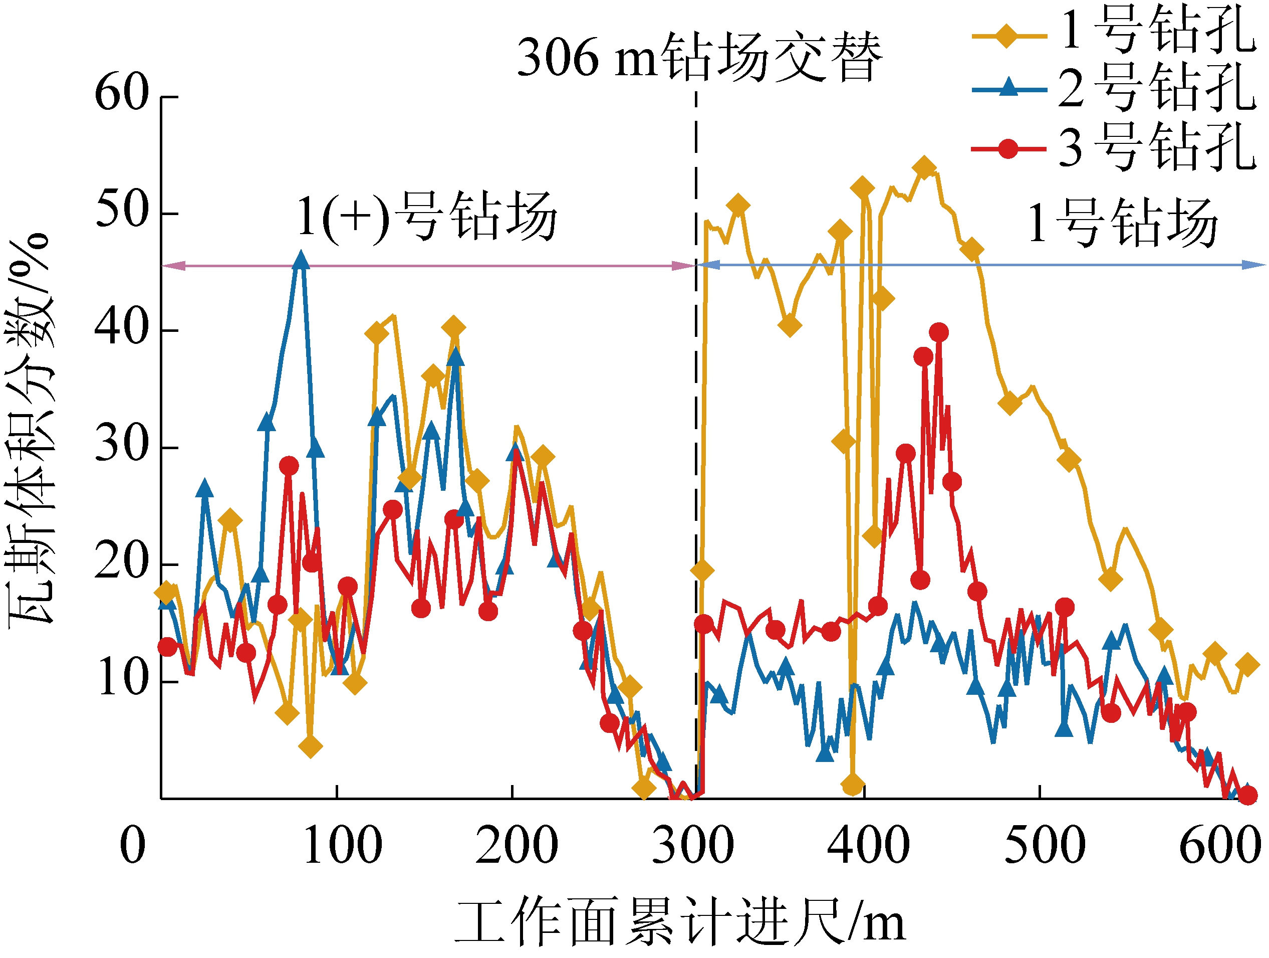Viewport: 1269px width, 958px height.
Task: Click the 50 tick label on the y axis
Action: coord(122,211)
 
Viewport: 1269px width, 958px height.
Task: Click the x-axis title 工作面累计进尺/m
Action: coord(680,921)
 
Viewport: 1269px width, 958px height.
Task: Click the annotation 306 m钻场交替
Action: coord(699,57)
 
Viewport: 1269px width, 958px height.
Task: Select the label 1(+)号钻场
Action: coord(427,217)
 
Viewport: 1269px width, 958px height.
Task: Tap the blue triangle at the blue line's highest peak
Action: coord(301,260)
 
